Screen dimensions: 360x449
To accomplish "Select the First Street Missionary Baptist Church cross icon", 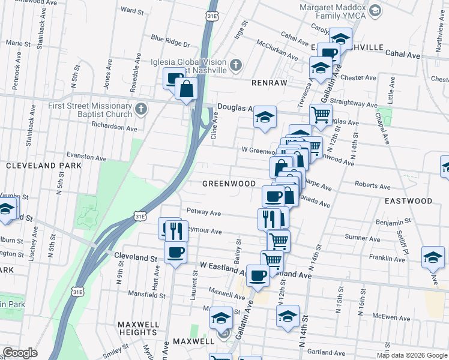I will click(141, 109).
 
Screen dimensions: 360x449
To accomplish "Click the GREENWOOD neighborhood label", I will click(229, 184).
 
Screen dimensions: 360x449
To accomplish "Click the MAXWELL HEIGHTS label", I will click(139, 328).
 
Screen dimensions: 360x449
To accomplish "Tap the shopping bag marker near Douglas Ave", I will click(187, 89).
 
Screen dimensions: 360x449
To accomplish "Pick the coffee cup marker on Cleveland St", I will click(175, 252).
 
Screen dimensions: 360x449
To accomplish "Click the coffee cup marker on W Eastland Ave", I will click(258, 275).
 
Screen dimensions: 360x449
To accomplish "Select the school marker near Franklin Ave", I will click(433, 257).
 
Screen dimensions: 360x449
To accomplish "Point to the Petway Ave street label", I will click(203, 212).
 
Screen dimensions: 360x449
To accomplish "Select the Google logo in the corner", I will click(20, 353).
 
